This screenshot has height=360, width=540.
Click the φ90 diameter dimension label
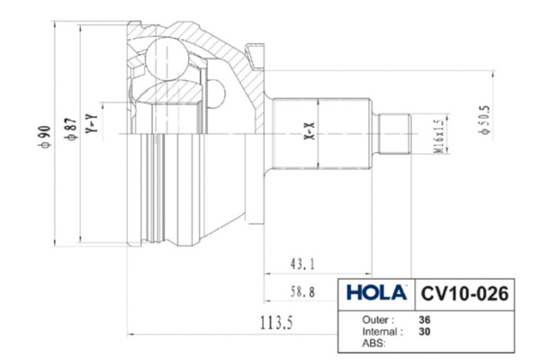pos(45,137)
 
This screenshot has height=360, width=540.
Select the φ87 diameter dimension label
pos(71,130)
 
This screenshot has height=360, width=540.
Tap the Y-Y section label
pos(92,123)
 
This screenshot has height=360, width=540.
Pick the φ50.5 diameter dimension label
pos(484,120)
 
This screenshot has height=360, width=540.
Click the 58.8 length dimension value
pos(302,292)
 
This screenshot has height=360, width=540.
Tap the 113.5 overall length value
pos(276,323)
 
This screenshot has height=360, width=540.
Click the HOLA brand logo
pos(376,293)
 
